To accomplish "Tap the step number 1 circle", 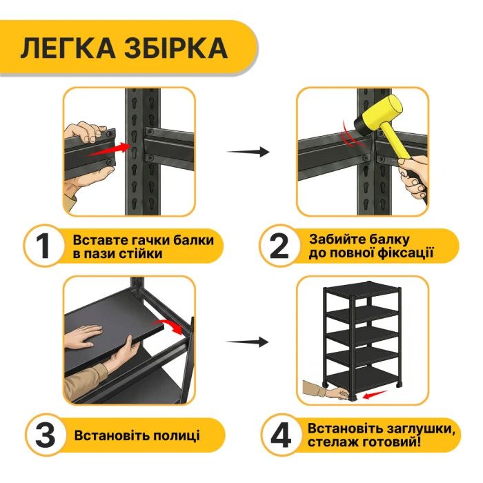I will click(43, 246).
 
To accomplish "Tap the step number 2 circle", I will click(279, 246).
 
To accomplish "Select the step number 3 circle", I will click(43, 435).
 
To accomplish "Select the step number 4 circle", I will click(279, 435).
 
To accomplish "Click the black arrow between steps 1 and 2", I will click(248, 152).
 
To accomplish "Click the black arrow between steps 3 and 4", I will click(248, 342).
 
